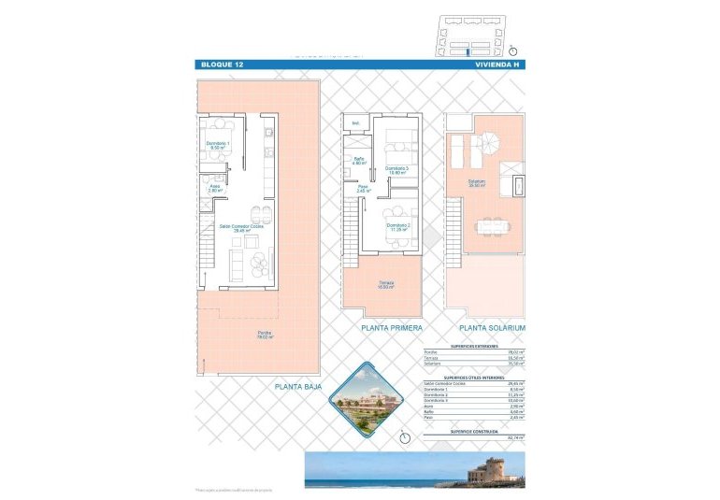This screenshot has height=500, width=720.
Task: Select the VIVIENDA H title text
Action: pos(496,64)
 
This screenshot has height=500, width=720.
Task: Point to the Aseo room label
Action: pos(214,188)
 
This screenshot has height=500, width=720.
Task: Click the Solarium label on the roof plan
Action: pos(476,183)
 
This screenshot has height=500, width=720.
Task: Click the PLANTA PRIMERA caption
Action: pos(392,329)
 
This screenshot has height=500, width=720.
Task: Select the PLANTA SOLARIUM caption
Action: pos(492,329)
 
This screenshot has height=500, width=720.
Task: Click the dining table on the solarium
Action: pos(492,226)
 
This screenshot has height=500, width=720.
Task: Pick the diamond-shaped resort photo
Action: pos(365,398)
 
